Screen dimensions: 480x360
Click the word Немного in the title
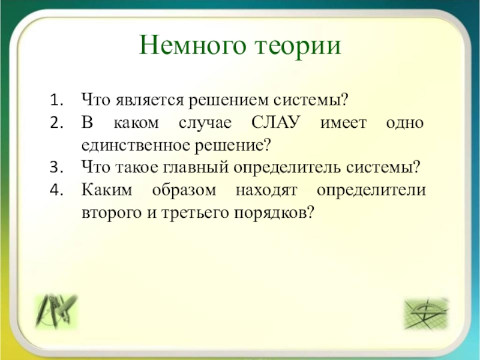[193, 45]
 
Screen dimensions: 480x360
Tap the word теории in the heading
[298, 46]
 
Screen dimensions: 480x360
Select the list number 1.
[56, 100]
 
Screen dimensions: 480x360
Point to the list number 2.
[56, 123]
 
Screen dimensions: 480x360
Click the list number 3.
[56, 167]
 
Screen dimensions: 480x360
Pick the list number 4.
[56, 190]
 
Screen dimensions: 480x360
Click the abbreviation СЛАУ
[275, 122]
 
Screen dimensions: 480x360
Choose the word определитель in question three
[287, 168]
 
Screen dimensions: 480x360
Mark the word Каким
[107, 190]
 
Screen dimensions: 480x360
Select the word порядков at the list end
[274, 214]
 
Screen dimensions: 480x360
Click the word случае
[205, 124]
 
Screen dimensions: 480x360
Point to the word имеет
[343, 124]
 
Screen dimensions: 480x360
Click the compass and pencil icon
[56, 311]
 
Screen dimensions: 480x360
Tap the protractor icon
[427, 313]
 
